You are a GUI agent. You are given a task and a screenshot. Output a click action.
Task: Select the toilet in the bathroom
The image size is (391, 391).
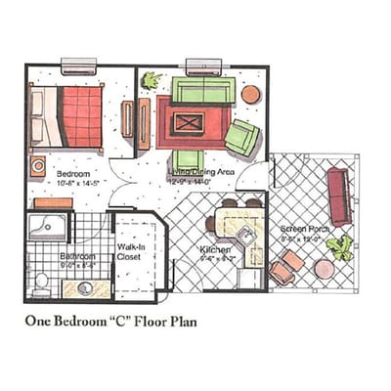click(40, 284)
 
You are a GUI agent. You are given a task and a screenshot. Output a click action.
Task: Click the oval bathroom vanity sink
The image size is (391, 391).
click(83, 287)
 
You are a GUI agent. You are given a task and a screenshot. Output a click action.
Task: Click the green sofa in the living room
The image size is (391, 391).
click(203, 92)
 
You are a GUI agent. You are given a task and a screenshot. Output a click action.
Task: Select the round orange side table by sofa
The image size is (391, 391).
click(251, 94)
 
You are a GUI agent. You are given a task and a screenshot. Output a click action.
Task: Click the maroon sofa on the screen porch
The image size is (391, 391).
click(339, 195)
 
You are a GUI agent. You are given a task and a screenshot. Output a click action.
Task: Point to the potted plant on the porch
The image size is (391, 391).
click(339, 247)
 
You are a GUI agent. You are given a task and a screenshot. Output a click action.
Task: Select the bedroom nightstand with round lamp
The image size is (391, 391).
click(38, 166)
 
